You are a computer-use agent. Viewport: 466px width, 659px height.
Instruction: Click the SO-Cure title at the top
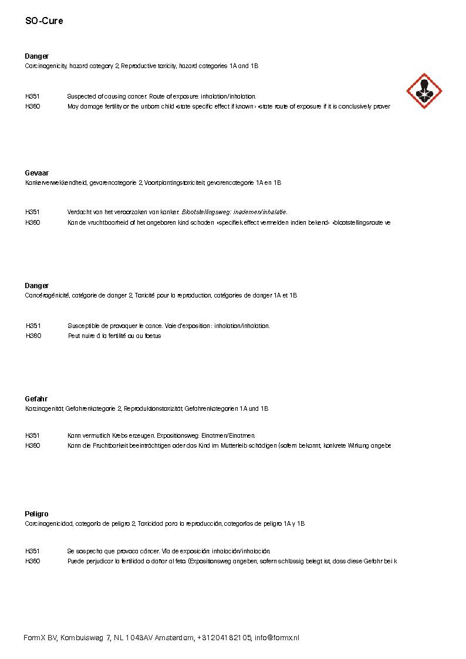click(44, 21)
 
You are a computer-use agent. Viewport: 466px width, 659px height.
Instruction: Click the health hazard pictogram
click(424, 92)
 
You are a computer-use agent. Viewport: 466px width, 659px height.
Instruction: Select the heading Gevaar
click(37, 173)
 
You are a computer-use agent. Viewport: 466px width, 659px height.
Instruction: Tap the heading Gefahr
click(36, 399)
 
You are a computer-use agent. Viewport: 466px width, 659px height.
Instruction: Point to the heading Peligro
click(36, 514)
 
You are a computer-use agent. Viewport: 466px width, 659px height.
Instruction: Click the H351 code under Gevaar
click(33, 212)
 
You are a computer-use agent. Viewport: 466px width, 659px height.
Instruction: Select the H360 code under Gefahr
click(33, 446)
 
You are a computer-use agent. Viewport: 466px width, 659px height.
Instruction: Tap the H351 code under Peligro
click(33, 552)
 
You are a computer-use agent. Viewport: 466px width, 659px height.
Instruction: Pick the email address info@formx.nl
click(276, 638)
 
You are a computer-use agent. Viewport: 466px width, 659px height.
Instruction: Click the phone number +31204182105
click(225, 638)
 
